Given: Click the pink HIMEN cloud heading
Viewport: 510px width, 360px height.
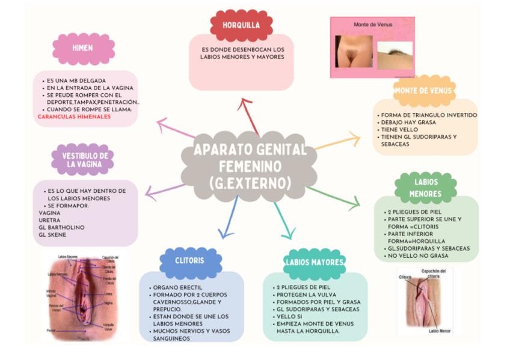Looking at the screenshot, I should (83, 49).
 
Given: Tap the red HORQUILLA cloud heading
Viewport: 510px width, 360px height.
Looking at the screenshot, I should (241, 25).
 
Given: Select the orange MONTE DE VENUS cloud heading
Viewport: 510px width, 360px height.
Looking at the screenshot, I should (423, 91).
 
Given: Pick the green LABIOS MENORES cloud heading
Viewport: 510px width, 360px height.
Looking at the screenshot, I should (426, 188).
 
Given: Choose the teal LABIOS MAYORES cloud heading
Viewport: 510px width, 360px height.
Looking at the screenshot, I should (315, 262).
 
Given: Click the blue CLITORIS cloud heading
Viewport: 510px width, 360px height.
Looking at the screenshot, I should (190, 261).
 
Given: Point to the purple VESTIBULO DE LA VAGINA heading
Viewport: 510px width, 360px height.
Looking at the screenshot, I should (82, 159).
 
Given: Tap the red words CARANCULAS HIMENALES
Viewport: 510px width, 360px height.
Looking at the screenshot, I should (74, 117).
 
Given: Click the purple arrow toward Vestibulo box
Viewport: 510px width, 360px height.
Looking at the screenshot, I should (165, 191).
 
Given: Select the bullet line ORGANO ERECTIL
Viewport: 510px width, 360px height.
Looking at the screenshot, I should (179, 288).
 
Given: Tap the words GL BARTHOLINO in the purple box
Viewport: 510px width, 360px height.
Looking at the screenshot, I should (62, 227).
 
